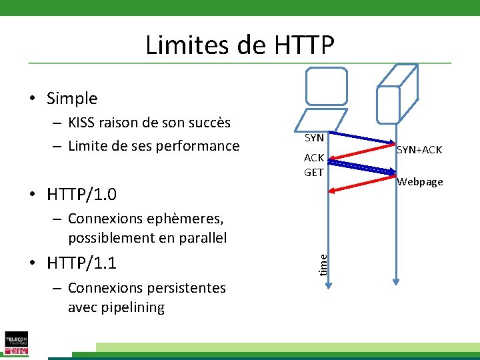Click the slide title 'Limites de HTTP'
click(x=239, y=45)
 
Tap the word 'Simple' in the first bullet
click(x=72, y=99)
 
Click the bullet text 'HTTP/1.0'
click(x=81, y=195)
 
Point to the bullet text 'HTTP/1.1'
click(x=81, y=263)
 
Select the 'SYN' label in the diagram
click(x=314, y=138)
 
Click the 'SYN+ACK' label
click(x=419, y=150)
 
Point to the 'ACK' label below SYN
click(x=314, y=158)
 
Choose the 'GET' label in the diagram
click(x=314, y=172)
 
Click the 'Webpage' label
click(x=420, y=182)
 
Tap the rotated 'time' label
click(x=323, y=262)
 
